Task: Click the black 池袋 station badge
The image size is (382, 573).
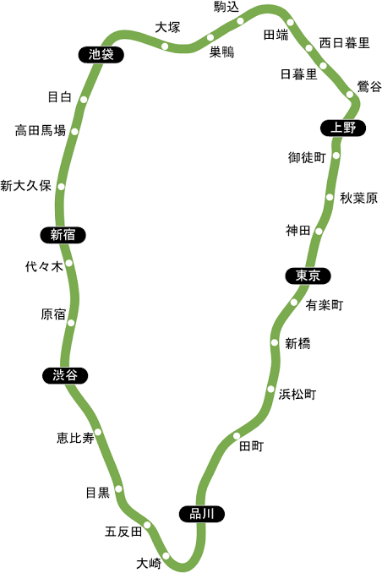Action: tap(101, 54)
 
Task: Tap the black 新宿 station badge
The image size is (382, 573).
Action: tap(63, 235)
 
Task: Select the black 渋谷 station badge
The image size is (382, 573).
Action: tap(65, 375)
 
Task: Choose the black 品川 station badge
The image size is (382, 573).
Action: tap(201, 514)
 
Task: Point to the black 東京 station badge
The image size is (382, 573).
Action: tap(308, 276)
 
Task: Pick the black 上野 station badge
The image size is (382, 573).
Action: tap(343, 128)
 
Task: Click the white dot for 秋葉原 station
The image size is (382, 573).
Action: tap(330, 197)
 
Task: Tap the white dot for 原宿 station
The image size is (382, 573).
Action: tap(71, 323)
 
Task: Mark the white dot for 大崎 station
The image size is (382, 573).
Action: tap(166, 555)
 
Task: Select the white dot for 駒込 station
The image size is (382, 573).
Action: tap(240, 21)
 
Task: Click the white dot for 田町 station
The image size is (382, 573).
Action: tap(237, 435)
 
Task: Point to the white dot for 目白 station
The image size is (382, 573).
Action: tap(84, 100)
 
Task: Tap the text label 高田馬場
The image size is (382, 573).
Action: tap(41, 130)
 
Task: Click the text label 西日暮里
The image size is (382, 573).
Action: tap(344, 43)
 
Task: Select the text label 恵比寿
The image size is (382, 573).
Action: tap(75, 438)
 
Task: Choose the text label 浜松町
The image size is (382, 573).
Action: tap(297, 395)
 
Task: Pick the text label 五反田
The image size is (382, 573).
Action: tap(123, 532)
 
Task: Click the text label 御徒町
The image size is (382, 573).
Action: tap(307, 157)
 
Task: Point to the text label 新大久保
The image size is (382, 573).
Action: tap(25, 186)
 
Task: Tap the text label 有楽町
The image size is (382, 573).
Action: tap(325, 305)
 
